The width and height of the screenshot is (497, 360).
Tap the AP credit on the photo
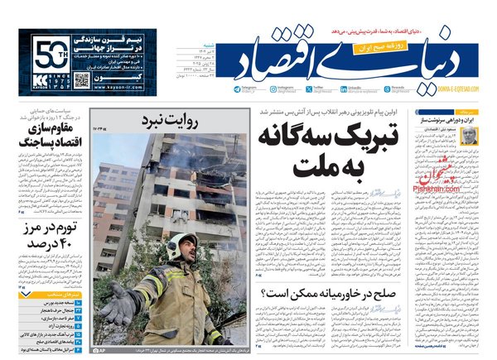pos(101,351)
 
